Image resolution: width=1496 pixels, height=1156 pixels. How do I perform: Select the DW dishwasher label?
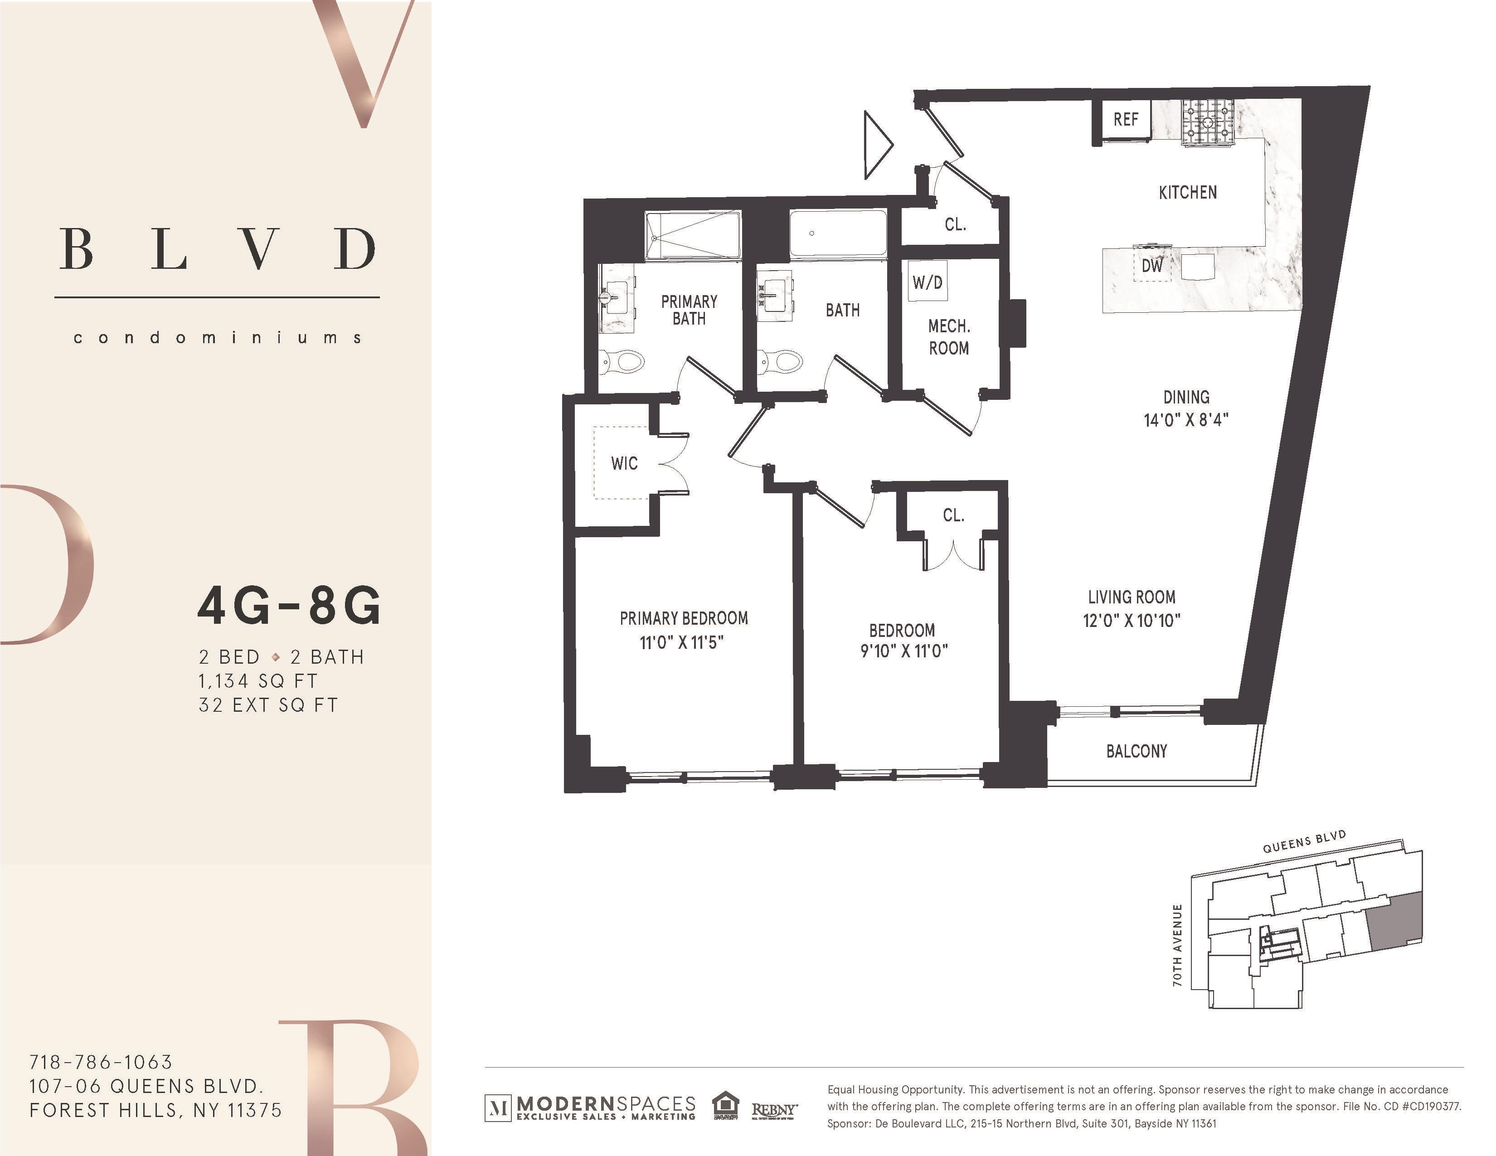(x=1151, y=266)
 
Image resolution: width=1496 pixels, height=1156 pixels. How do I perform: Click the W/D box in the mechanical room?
(x=928, y=282)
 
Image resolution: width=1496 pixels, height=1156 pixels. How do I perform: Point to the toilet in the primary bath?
(x=622, y=361)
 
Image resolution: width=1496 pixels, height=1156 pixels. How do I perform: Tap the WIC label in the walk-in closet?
(x=624, y=464)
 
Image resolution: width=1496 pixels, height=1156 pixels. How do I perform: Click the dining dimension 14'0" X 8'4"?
(x=1186, y=420)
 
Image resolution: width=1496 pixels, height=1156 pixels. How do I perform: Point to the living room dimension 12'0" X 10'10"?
(x=1132, y=621)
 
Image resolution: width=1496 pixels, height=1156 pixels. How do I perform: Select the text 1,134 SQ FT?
(x=258, y=681)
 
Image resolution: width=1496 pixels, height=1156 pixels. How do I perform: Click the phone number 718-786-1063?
(x=101, y=1062)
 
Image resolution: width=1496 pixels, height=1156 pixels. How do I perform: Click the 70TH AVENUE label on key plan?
(x=1177, y=945)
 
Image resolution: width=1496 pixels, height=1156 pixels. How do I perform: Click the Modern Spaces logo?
(x=590, y=1107)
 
